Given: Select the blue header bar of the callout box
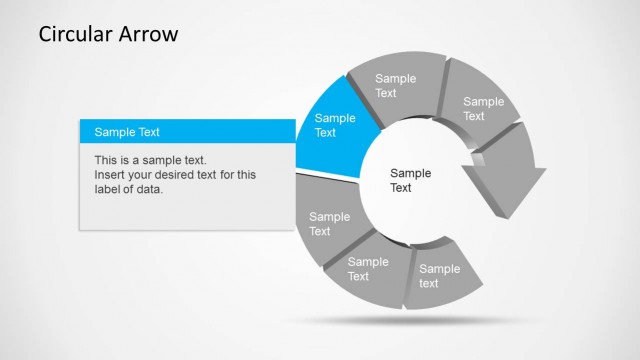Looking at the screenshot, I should coord(187,131).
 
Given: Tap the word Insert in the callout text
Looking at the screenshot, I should coord(110,175).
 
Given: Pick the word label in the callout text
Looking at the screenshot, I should coord(108,190).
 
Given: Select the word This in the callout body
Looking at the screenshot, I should coord(107,160).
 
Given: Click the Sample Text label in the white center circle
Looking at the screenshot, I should coord(410,180).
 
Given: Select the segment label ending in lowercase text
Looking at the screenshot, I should coord(439,276).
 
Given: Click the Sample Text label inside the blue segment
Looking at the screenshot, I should coord(335,125).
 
